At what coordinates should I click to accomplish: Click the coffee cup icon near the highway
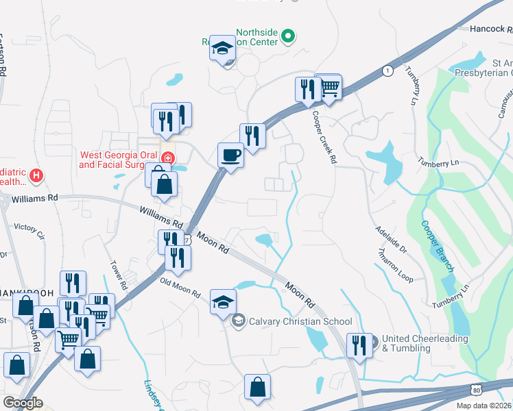click(x=230, y=154)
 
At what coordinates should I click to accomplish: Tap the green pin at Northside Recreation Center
click(x=289, y=36)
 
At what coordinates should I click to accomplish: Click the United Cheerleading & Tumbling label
click(x=425, y=343)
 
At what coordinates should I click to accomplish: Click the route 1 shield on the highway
click(x=388, y=70)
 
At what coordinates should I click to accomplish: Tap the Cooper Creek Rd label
click(x=324, y=137)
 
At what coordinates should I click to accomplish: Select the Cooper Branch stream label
click(x=433, y=240)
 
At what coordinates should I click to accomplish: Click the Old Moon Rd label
click(x=179, y=287)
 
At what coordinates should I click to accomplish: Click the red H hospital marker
click(x=36, y=176)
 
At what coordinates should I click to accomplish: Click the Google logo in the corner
click(x=23, y=402)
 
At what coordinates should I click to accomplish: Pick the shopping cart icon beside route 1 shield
click(x=330, y=87)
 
